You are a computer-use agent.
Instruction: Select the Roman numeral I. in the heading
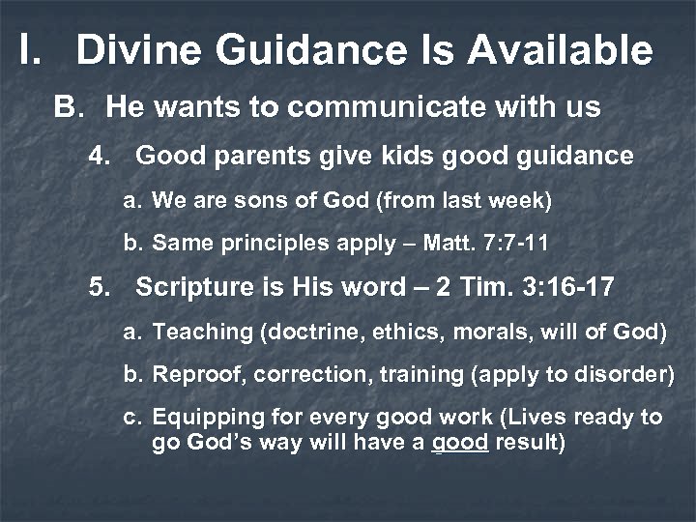[x=28, y=50]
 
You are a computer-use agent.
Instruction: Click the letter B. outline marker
[x=69, y=106]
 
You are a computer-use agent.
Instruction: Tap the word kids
[x=365, y=156]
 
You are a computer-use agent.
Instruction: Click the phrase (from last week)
[x=463, y=201]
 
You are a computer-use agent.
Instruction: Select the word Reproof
[x=191, y=373]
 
